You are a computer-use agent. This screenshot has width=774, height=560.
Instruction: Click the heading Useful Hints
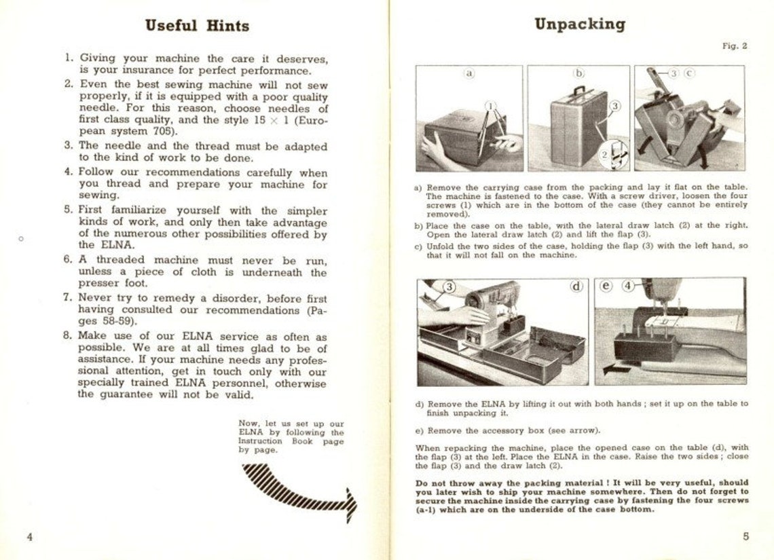197,26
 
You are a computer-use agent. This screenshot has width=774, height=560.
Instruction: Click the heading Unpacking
579,24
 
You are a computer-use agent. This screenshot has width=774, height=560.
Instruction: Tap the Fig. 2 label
734,46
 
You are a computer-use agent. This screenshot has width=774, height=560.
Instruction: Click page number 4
30,536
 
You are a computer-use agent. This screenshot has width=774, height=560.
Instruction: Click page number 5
745,536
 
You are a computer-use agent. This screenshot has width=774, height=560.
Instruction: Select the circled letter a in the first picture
469,73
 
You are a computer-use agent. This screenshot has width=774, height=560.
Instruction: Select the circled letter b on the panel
579,73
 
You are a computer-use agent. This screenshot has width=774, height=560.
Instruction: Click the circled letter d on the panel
576,286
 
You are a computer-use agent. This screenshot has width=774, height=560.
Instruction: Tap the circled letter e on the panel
606,286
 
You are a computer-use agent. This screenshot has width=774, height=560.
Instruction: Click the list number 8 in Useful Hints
68,336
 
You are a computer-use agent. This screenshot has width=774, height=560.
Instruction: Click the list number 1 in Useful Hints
68,58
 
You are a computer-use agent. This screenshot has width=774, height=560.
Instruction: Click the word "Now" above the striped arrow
249,423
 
